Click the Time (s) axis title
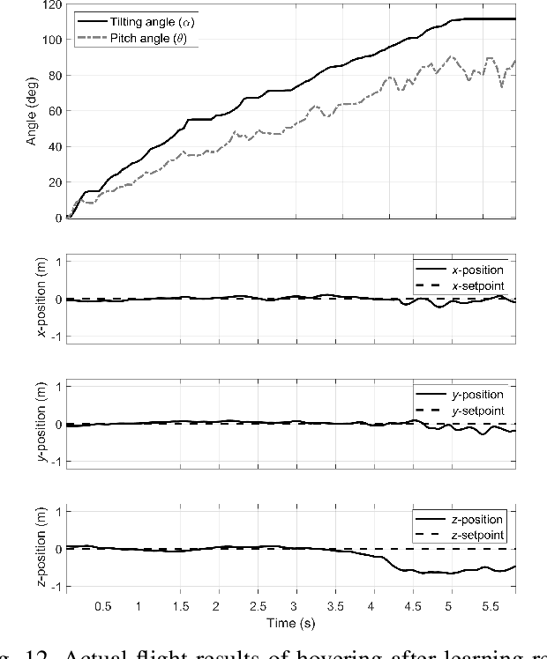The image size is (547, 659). [291, 623]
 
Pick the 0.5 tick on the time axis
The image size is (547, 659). [103, 607]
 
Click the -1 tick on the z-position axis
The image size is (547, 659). [55, 588]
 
